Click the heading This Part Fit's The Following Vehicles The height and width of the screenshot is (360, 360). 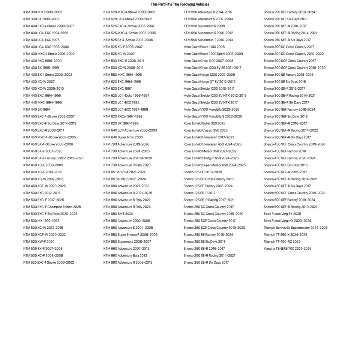pyautogui.click(x=180, y=4)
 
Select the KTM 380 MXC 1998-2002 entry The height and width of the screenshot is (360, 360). pyautogui.click(x=43, y=12)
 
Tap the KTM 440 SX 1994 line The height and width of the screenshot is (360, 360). pyautogui.click(x=36, y=109)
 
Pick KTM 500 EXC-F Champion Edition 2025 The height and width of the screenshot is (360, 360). pyautogui.click(x=52, y=207)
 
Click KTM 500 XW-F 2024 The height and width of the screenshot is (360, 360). pyautogui.click(x=39, y=241)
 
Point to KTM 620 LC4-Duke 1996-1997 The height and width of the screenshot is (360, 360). pyautogui.click(x=126, y=96)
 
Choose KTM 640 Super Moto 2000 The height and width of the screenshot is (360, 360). pyautogui.click(x=123, y=137)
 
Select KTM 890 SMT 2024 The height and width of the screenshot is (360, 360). pyautogui.click(x=118, y=214)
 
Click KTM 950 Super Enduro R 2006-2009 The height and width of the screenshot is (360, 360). pyautogui.click(x=130, y=235)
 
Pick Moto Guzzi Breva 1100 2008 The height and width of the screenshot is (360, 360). pyautogui.click(x=204, y=47)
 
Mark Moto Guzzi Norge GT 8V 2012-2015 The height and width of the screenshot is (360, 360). pyautogui.click(x=209, y=82)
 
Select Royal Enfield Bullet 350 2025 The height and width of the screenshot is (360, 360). pyautogui.click(x=204, y=123)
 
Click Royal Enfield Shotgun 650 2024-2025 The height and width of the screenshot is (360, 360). pyautogui.click(x=211, y=158)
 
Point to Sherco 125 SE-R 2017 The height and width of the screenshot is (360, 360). pyautogui.click(x=199, y=193)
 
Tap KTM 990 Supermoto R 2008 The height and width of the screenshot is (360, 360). pyautogui.click(x=204, y=26)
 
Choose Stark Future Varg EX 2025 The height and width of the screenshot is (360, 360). pyautogui.click(x=282, y=214)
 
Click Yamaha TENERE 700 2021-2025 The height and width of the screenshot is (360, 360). pyautogui.click(x=287, y=249)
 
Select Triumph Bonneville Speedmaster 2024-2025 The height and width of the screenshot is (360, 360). pyautogui.click(x=295, y=228)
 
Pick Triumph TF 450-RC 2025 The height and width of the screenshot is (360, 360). pyautogui.click(x=282, y=241)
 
